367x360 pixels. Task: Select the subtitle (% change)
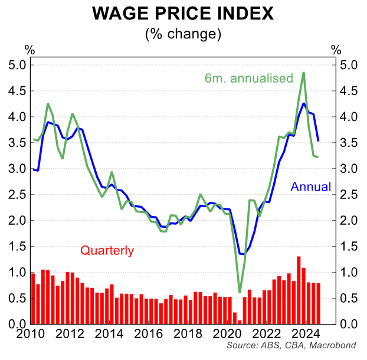(x=183, y=34)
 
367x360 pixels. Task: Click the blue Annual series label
(x=310, y=188)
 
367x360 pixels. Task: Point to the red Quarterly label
(x=107, y=251)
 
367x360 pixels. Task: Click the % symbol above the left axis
(x=30, y=49)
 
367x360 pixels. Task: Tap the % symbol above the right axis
(x=336, y=49)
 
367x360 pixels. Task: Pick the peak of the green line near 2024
(x=303, y=73)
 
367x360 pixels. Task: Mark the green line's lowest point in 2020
(x=240, y=292)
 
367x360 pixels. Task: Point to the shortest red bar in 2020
(x=240, y=322)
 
